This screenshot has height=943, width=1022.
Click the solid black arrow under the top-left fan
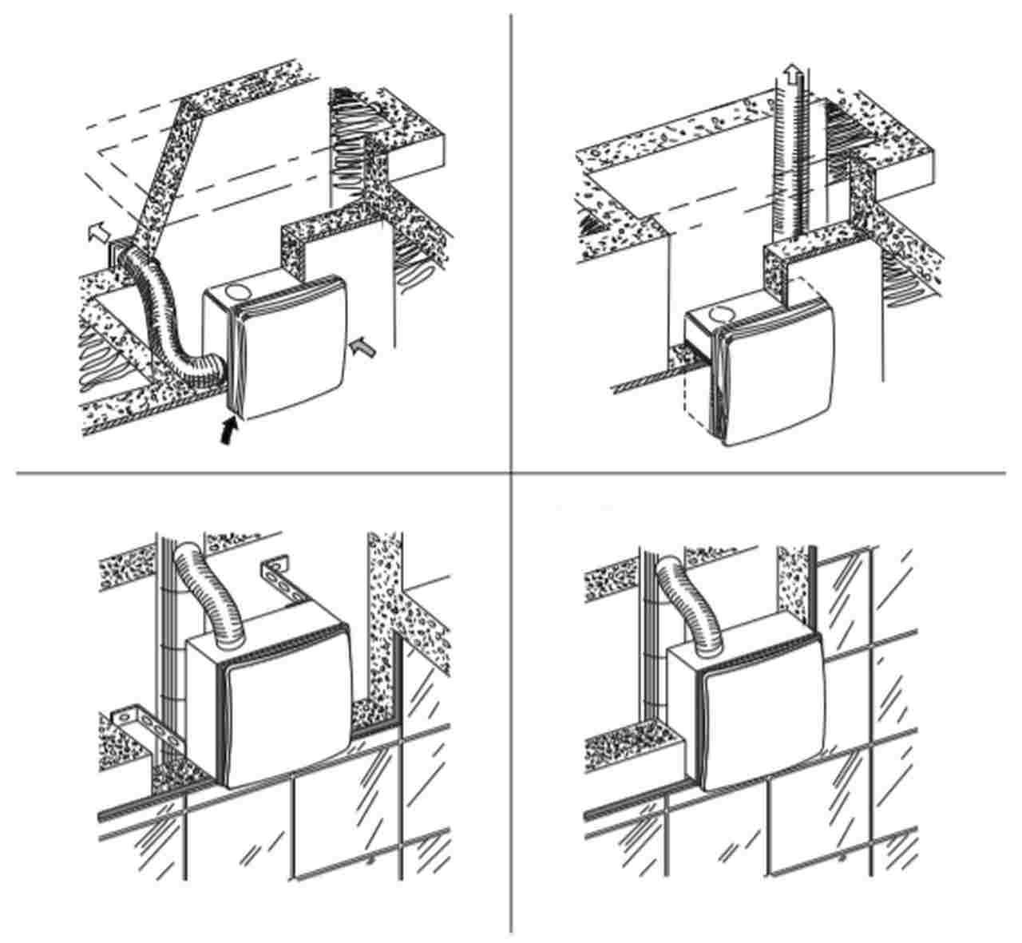coord(228,433)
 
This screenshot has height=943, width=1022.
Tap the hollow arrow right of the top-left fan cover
coord(361,345)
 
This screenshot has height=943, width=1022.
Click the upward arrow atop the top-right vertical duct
coord(791,77)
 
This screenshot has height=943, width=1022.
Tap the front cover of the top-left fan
coord(292,347)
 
